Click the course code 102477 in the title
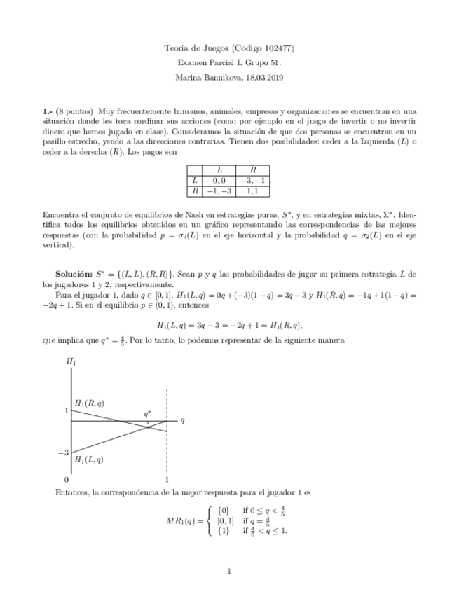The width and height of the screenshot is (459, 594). coord(279,48)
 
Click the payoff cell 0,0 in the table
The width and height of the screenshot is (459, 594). coord(219,180)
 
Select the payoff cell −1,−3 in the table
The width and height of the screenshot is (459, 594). coord(219,191)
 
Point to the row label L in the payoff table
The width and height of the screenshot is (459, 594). coord(195,180)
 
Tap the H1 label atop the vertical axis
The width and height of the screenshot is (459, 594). coord(71,362)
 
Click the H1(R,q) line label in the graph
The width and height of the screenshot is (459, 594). coord(90,403)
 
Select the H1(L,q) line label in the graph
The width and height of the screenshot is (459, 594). coord(90,460)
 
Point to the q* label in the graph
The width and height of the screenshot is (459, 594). coord(148,414)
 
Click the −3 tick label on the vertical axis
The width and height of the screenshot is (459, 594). coord(62,453)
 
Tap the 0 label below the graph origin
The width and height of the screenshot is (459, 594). coord(67,480)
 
